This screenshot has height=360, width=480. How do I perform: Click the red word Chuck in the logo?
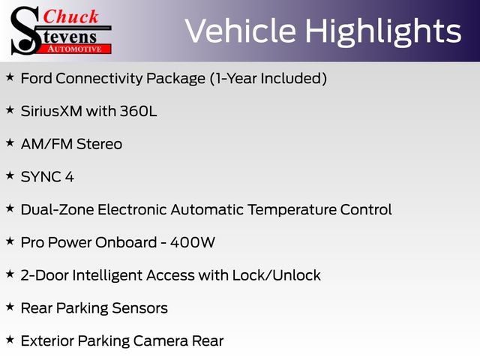click(70, 16)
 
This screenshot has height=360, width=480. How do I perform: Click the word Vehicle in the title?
click(241, 31)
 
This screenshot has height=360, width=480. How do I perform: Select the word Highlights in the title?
click(383, 32)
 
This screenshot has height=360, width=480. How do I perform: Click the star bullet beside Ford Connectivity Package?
click(10, 76)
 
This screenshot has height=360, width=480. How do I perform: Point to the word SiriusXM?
click(52, 111)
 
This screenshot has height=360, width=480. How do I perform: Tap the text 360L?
click(138, 111)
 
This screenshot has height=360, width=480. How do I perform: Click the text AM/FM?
click(46, 144)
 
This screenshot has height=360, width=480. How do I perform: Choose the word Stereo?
click(99, 144)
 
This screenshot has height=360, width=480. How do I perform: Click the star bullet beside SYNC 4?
click(10, 175)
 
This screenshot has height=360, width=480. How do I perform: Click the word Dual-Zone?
click(57, 210)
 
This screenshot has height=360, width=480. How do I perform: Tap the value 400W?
click(193, 242)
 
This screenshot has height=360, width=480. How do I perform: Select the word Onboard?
click(126, 242)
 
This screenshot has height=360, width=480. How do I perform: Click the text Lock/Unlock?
click(277, 275)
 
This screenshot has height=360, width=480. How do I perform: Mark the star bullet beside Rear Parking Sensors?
click(10, 307)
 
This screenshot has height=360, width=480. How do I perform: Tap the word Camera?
click(160, 341)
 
